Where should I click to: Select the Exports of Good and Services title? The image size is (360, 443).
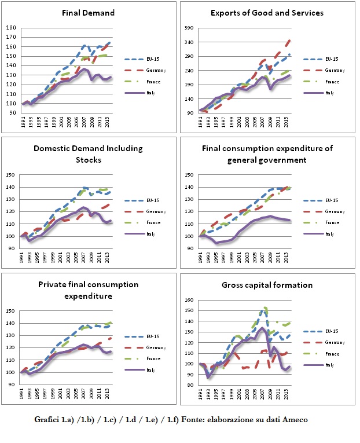[267, 13]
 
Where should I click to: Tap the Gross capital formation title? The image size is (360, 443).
[267, 285]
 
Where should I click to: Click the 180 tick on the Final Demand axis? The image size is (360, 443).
[10, 28]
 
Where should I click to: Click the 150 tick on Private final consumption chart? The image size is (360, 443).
[10, 311]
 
